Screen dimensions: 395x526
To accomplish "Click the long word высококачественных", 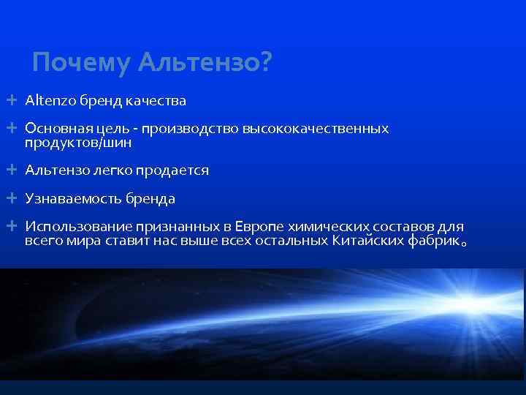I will pyautogui.click(x=321, y=129).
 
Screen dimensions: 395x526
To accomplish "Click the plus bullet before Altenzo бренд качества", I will pyautogui.click(x=12, y=99).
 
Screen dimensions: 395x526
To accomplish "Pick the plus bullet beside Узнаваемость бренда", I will pyautogui.click(x=12, y=198).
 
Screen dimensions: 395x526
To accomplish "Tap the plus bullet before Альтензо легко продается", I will pyautogui.click(x=12, y=170).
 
